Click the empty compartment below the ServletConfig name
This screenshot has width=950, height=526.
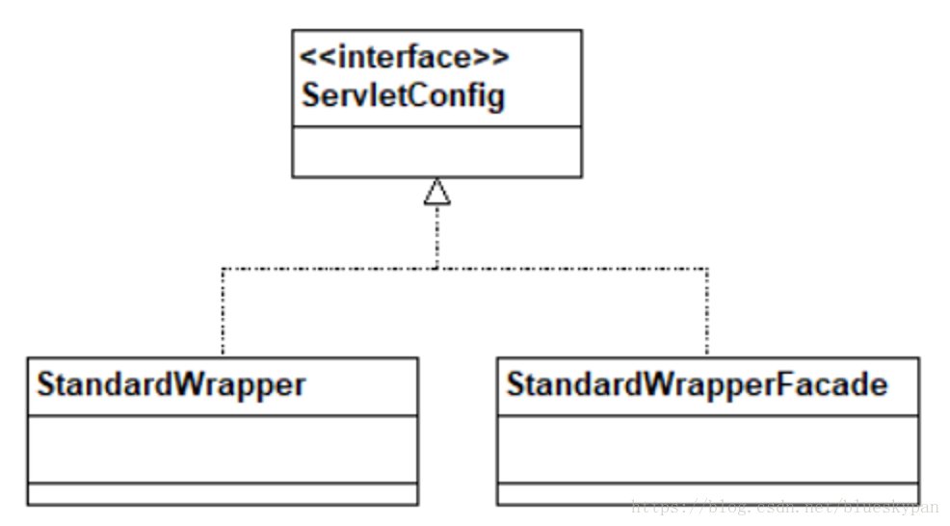pyautogui.click(x=436, y=151)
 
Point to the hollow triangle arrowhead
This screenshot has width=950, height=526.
pyautogui.click(x=437, y=192)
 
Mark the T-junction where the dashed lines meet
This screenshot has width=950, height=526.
pyautogui.click(x=437, y=268)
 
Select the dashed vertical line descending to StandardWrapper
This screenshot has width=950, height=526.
pyautogui.click(x=223, y=313)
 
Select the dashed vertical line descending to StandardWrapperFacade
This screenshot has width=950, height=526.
pyautogui.click(x=707, y=313)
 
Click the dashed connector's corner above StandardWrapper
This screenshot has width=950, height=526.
pyautogui.click(x=223, y=268)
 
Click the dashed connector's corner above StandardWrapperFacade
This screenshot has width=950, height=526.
pyautogui.click(x=707, y=268)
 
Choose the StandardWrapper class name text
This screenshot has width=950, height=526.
pyautogui.click(x=171, y=384)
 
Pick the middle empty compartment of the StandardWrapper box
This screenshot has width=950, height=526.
pyautogui.click(x=223, y=450)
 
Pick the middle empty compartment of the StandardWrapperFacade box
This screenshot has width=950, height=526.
pyautogui.click(x=707, y=450)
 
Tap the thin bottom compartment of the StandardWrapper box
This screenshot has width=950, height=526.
pyautogui.click(x=223, y=494)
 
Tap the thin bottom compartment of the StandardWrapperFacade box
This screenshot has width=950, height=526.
pyautogui.click(x=707, y=494)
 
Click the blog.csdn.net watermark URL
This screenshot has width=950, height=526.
pyautogui.click(x=784, y=507)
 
